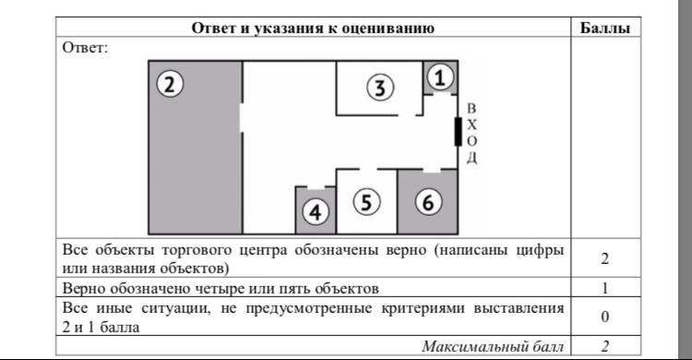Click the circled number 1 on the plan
point(439,78)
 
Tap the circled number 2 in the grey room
point(170,84)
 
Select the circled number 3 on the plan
point(380,87)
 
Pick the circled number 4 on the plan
point(316,212)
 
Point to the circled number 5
point(366,202)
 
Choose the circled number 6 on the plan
point(428,202)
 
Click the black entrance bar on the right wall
point(458,132)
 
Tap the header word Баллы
point(604,28)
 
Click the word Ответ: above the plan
point(85,47)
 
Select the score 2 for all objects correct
point(604,258)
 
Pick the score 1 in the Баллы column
point(605,288)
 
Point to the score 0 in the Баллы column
point(605,317)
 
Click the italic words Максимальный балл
point(493,346)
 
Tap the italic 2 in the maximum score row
point(604,346)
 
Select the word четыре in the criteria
point(222,288)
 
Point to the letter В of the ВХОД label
point(471,108)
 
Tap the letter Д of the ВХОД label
point(471,158)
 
